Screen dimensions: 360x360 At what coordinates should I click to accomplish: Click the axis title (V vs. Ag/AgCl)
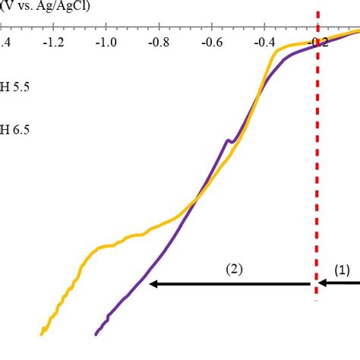click(x=46, y=7)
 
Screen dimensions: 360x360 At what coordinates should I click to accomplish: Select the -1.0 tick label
click(x=106, y=43)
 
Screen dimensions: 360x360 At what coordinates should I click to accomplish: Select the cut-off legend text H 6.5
click(x=15, y=130)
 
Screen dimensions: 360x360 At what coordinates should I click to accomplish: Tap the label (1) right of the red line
click(x=343, y=269)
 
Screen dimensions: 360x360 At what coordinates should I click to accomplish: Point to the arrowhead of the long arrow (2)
click(x=153, y=284)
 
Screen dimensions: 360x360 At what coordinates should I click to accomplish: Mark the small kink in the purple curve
click(x=228, y=141)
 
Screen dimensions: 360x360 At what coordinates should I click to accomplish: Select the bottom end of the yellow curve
click(x=43, y=333)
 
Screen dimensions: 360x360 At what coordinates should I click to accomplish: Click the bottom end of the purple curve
click(x=96, y=333)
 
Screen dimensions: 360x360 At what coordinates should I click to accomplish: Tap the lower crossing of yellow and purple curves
click(x=195, y=200)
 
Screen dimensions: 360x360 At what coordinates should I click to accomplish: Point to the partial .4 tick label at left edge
click(x=4, y=43)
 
